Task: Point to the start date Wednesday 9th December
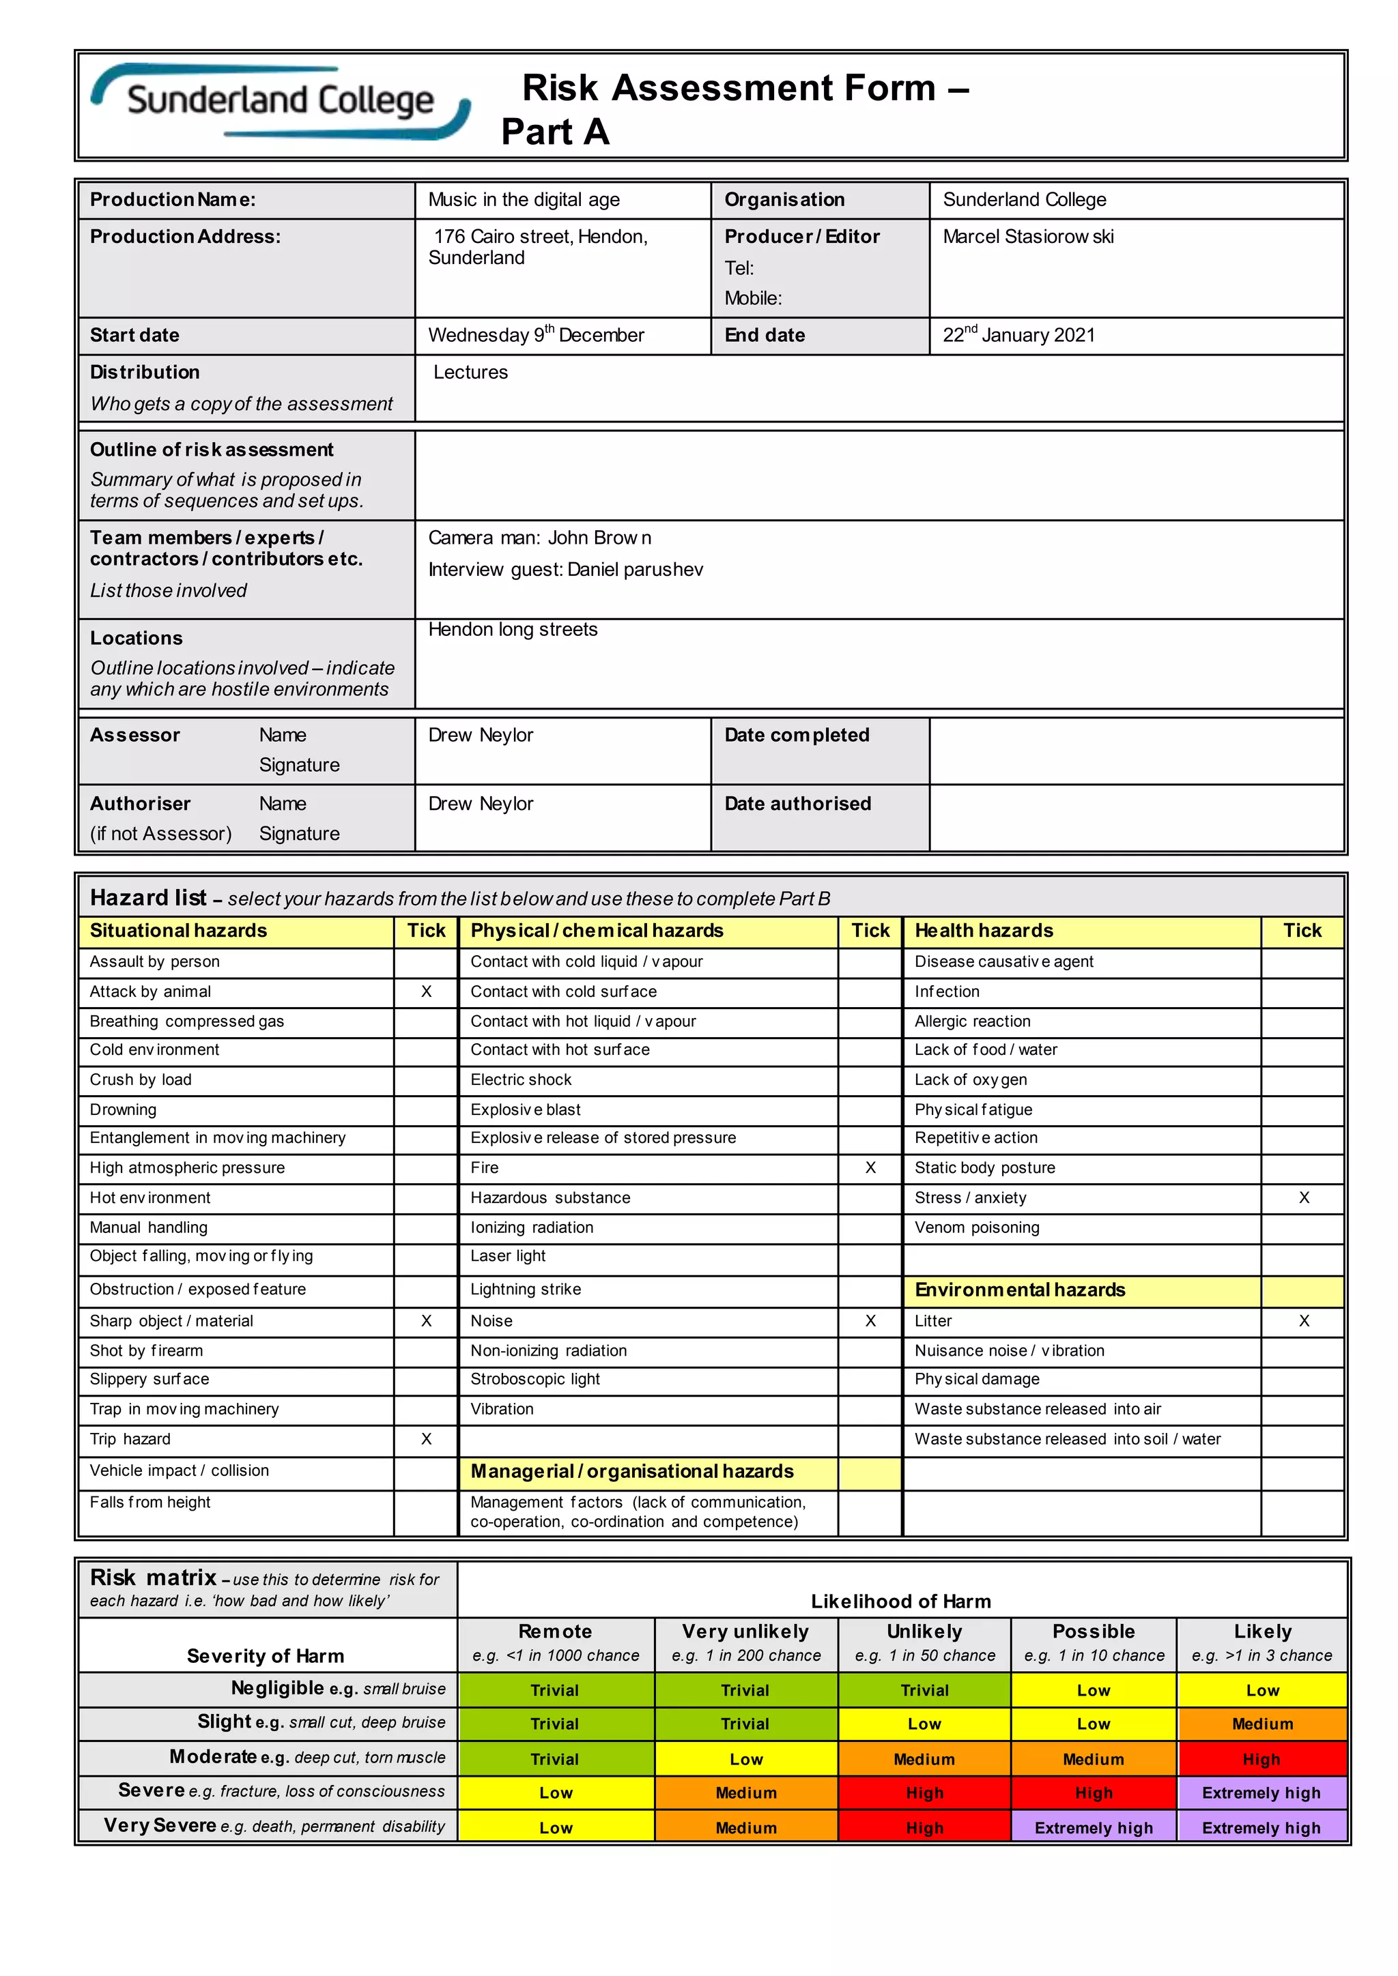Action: pyautogui.click(x=535, y=335)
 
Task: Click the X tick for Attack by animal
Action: pyautogui.click(x=426, y=991)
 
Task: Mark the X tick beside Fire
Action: pyautogui.click(x=870, y=1168)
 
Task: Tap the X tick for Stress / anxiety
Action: pyautogui.click(x=1303, y=1198)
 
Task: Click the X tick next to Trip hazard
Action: pyautogui.click(x=426, y=1439)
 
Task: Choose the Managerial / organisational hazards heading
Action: pyautogui.click(x=632, y=1472)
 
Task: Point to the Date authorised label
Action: pyautogui.click(x=797, y=804)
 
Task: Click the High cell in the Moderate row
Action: pyautogui.click(x=1261, y=1760)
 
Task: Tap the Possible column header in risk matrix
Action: pyautogui.click(x=1094, y=1631)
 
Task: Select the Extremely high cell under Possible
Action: pyautogui.click(x=1094, y=1828)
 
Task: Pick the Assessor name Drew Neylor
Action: pyautogui.click(x=481, y=735)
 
